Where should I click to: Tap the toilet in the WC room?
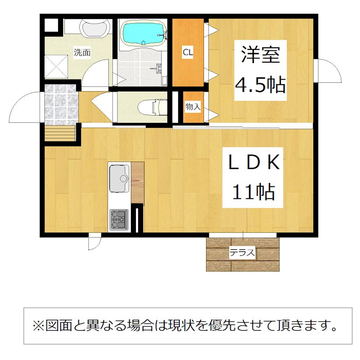click(x=152, y=107)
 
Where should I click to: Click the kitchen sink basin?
click(x=118, y=178)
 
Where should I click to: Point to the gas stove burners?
click(x=119, y=219)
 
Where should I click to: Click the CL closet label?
click(x=188, y=52)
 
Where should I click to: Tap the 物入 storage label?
click(x=193, y=107)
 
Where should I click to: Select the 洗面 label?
click(x=82, y=53)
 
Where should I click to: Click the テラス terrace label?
click(x=242, y=253)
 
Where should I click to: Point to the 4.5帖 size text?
click(x=261, y=85)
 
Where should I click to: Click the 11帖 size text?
click(x=253, y=192)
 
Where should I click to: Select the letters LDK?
click(x=254, y=162)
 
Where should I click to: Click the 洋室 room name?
click(x=261, y=54)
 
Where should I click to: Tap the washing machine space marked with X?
click(x=56, y=67)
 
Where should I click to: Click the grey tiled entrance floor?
click(x=60, y=104)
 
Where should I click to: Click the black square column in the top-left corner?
click(x=51, y=25)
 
